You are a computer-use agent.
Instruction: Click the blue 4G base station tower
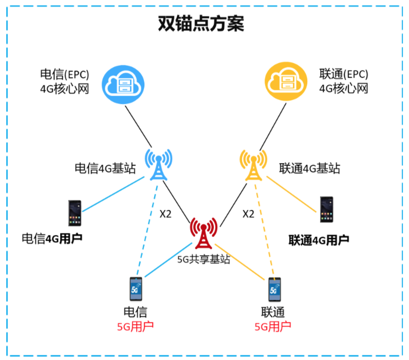(x=158, y=165)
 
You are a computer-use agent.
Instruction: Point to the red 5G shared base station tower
(x=203, y=234)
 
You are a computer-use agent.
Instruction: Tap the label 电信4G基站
(x=105, y=168)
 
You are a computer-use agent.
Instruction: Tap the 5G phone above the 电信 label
(x=136, y=290)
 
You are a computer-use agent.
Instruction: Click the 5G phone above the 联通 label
(x=275, y=290)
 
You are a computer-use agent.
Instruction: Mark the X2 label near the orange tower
(x=248, y=214)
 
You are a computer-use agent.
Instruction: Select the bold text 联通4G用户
(x=319, y=240)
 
